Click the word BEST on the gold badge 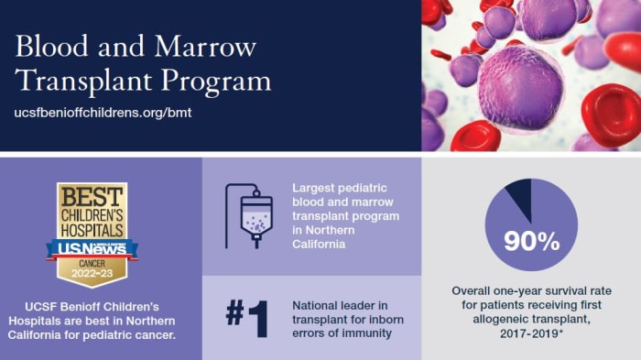(91, 199)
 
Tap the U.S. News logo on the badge (92, 247)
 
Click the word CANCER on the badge (91, 262)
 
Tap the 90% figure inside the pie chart (531, 242)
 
